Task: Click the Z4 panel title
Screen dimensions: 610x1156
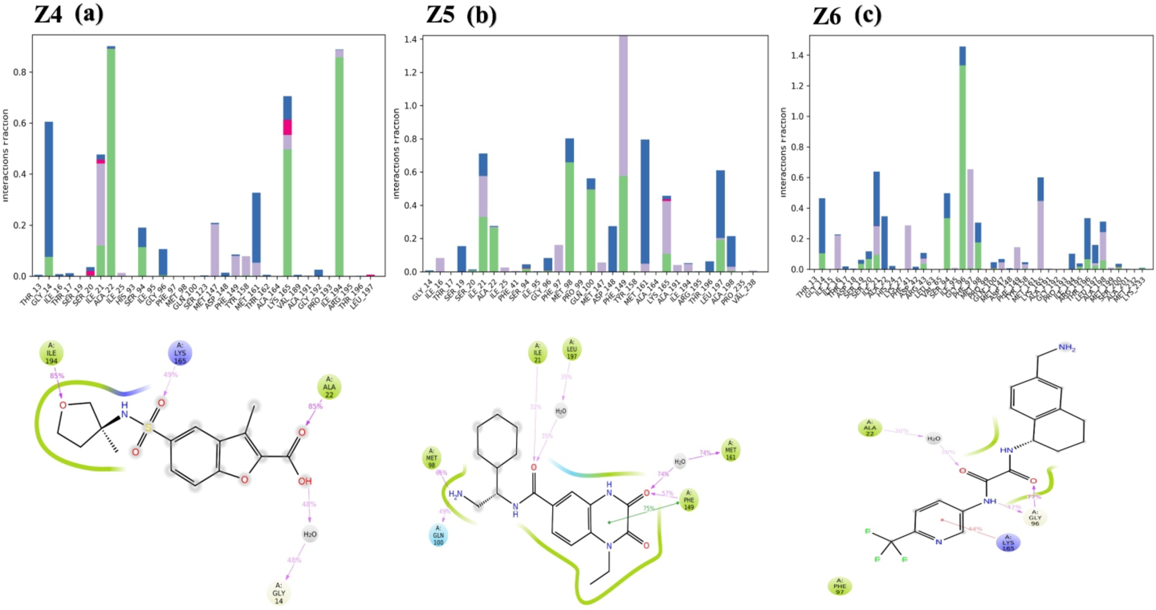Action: click(x=68, y=14)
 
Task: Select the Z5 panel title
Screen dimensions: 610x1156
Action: click(x=461, y=15)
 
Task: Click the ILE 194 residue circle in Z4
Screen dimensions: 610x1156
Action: click(x=51, y=353)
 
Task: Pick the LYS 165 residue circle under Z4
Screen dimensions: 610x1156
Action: click(x=180, y=353)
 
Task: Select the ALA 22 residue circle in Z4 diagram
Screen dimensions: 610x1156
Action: click(x=329, y=387)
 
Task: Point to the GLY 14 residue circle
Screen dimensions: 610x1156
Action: click(x=278, y=593)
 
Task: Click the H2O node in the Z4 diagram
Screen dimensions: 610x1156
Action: click(x=310, y=534)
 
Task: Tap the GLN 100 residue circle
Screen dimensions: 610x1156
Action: click(x=439, y=535)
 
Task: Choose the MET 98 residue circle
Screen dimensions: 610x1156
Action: click(x=431, y=458)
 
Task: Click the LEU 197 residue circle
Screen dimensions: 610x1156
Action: click(x=572, y=349)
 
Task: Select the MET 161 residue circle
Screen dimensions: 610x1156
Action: click(x=730, y=450)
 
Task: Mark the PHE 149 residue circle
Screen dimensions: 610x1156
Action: click(x=689, y=500)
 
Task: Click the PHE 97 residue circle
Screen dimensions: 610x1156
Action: click(x=839, y=586)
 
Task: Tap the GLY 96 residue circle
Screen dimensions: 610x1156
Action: click(x=1035, y=518)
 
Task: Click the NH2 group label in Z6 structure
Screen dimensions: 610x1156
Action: click(x=1067, y=348)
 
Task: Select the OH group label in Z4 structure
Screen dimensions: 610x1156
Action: click(x=304, y=481)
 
